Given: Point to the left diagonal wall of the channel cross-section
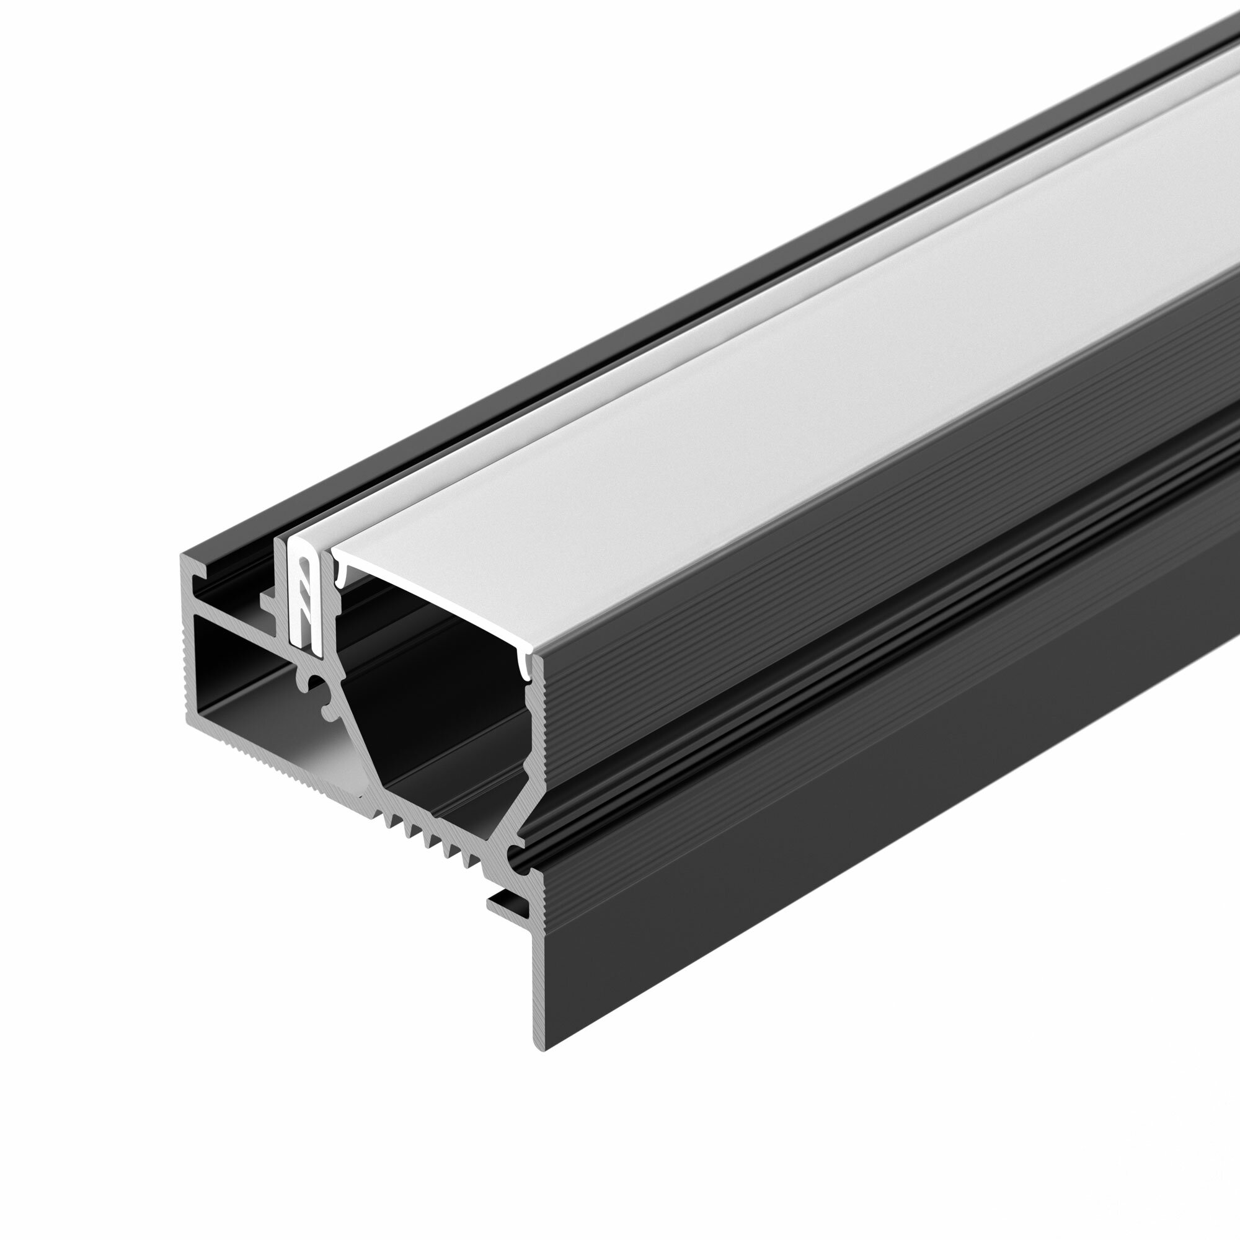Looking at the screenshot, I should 366,738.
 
